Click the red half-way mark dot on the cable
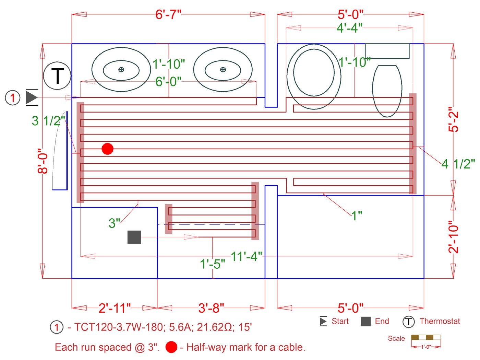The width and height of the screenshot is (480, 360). (108, 149)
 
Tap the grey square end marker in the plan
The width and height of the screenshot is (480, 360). (134, 237)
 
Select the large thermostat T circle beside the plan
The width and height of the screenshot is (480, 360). (57, 76)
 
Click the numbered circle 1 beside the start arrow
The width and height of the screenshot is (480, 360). (13, 98)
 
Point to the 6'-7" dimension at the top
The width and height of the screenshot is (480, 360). (168, 15)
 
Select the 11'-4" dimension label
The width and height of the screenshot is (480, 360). (246, 257)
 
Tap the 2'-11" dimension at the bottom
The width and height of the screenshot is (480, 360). (115, 308)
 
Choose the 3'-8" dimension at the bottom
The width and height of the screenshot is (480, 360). (211, 308)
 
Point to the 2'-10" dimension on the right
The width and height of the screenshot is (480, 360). (453, 237)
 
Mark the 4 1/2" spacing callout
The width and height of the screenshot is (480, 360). (458, 164)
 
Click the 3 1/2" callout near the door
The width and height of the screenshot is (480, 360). (48, 121)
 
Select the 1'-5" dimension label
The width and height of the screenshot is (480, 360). (213, 264)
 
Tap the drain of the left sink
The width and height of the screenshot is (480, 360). (121, 70)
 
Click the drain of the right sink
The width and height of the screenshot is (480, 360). (223, 70)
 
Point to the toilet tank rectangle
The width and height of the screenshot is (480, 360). (387, 51)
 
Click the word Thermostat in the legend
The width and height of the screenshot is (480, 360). (440, 321)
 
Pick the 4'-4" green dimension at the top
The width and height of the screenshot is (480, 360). (349, 28)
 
